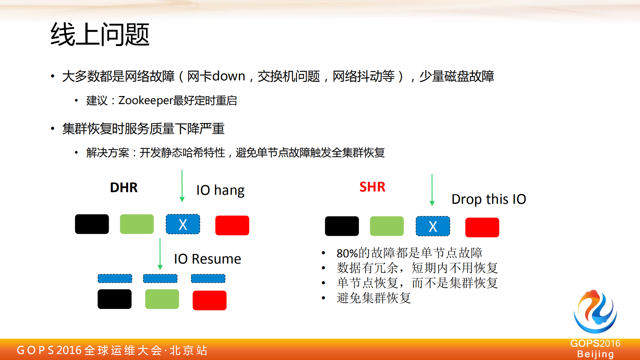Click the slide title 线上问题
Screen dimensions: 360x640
click(x=100, y=34)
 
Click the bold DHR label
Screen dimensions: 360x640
click(x=124, y=188)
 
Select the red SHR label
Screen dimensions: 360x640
click(x=372, y=187)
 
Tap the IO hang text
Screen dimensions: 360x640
click(x=220, y=190)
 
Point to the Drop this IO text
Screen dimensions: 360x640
click(x=489, y=199)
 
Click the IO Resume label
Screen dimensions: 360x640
click(x=207, y=259)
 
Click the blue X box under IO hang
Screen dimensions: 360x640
click(x=183, y=224)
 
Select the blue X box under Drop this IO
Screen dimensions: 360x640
click(x=433, y=226)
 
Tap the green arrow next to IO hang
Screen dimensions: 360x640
click(x=182, y=186)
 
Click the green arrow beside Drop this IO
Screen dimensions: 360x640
click(x=432, y=190)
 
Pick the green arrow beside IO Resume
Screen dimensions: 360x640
click(x=160, y=254)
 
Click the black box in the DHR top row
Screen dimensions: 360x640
click(x=92, y=224)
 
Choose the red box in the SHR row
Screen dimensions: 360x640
click(x=482, y=227)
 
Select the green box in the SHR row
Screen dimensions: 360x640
click(x=387, y=226)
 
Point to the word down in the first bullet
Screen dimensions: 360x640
click(x=228, y=76)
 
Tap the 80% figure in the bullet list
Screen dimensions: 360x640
click(x=347, y=253)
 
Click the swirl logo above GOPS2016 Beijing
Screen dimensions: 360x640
click(x=595, y=312)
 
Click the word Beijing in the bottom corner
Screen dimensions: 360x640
click(x=595, y=354)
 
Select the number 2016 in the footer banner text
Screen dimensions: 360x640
click(x=69, y=350)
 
